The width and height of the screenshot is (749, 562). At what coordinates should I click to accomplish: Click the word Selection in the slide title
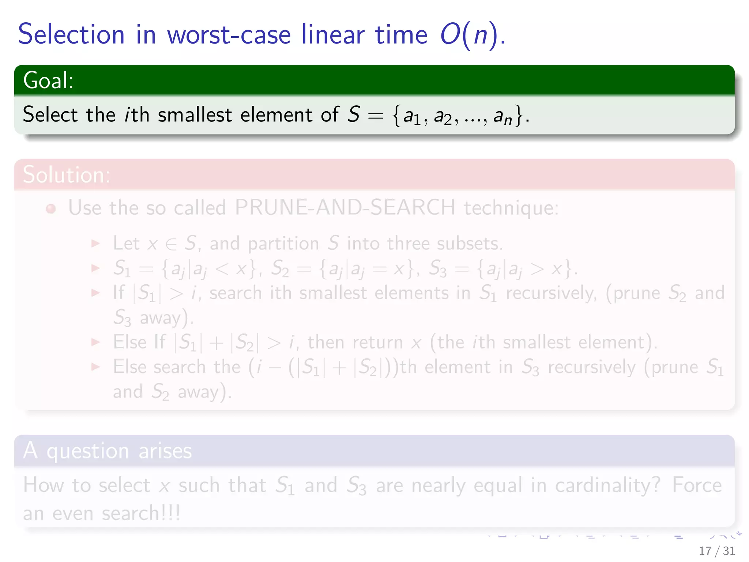[x=71, y=35]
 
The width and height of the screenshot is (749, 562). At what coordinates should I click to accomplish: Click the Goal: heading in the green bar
[x=48, y=80]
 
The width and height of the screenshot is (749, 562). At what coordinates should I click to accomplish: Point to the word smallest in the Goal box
[x=195, y=115]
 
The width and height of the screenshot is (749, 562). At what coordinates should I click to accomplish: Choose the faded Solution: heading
[x=67, y=175]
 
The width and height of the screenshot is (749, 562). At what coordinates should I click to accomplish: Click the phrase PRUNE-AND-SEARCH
[x=345, y=208]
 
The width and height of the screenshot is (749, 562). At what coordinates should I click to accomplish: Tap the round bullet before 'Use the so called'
[x=51, y=209]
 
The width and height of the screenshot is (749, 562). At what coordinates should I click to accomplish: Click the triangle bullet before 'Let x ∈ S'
[x=95, y=244]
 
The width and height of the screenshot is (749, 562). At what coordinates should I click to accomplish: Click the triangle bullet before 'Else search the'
[x=95, y=367]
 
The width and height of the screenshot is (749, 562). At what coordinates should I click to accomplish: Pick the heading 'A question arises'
[x=107, y=450]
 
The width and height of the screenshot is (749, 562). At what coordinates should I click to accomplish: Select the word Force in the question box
[x=697, y=486]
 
